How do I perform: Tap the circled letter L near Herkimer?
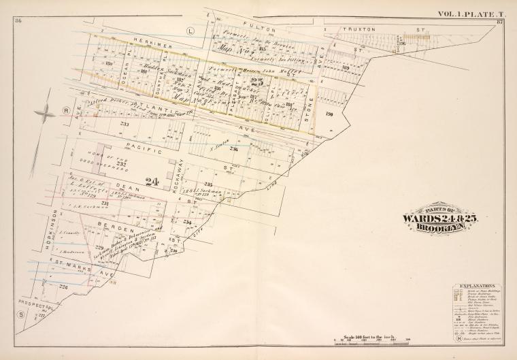click(x=190, y=31)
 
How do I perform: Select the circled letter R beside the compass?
click(x=66, y=110)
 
